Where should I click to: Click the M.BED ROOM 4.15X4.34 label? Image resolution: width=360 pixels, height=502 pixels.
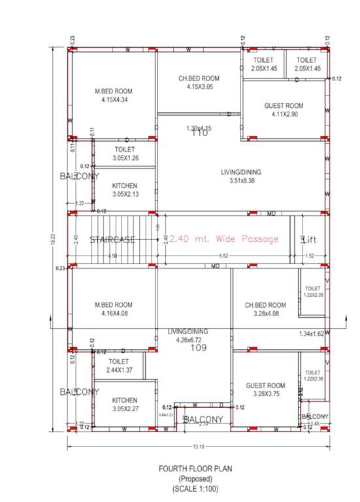(114, 95)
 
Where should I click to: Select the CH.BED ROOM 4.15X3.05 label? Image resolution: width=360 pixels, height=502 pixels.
(199, 82)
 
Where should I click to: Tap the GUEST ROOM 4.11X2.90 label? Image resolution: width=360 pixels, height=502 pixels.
(284, 110)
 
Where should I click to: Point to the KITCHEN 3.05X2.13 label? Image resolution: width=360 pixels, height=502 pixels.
(124, 190)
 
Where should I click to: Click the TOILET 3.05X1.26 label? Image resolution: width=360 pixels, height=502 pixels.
(124, 154)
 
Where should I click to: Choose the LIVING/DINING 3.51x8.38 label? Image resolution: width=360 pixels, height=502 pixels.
(242, 176)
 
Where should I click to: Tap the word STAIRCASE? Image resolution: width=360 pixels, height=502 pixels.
(112, 239)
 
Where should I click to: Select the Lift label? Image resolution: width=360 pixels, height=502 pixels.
(312, 240)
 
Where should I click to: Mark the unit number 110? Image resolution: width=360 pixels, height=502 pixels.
(199, 133)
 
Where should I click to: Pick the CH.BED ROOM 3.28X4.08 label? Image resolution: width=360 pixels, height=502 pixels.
(265, 309)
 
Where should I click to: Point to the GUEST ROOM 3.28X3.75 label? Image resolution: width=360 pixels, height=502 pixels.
(265, 390)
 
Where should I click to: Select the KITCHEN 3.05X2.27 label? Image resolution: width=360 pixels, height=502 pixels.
(124, 404)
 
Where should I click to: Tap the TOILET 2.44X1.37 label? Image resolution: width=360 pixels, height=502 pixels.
(118, 365)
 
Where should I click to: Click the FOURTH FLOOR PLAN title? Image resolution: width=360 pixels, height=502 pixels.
(196, 469)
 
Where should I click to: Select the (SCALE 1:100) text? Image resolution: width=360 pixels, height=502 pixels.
(196, 488)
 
